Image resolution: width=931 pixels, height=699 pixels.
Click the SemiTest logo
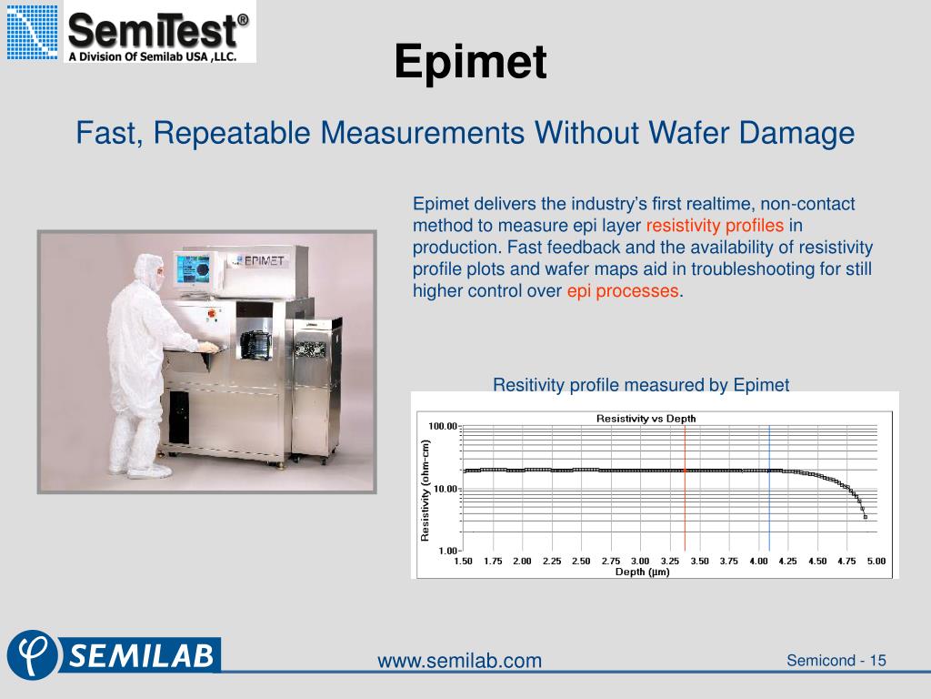pos(129,33)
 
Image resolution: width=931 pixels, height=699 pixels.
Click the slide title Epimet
pos(471,62)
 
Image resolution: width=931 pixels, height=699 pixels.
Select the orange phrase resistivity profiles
pos(714,226)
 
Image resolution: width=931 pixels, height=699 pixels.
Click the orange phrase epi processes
pos(623,291)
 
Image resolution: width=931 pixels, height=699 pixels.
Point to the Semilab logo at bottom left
pos(113,654)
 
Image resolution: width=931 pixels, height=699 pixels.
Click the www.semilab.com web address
pos(459,661)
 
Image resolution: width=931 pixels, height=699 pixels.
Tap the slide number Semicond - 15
pos(836,660)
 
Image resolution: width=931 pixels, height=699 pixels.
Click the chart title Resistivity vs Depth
pos(646,419)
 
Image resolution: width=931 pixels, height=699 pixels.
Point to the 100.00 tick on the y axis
pos(443,426)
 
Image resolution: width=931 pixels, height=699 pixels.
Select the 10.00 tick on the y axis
pos(445,489)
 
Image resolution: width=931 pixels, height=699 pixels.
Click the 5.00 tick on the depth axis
pos(876,562)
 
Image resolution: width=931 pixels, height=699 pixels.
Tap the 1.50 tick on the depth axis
pos(464,562)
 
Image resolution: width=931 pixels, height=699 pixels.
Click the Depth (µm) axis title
pos(642,572)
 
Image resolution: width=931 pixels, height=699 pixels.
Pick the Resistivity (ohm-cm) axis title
pos(425,490)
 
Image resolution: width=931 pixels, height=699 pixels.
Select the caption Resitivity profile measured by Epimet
pos(641,385)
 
